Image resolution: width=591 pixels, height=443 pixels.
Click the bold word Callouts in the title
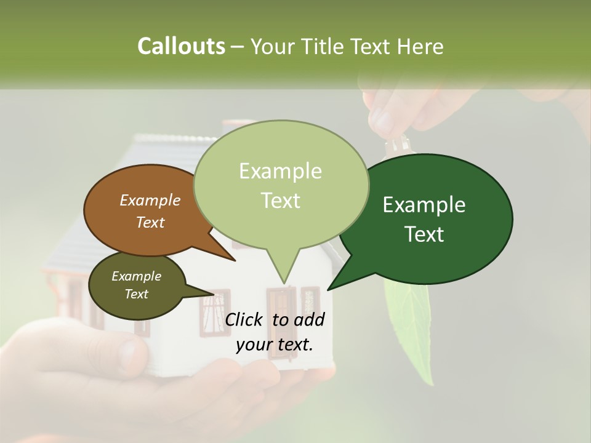(x=181, y=46)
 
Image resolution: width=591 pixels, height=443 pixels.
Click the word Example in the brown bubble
(x=150, y=200)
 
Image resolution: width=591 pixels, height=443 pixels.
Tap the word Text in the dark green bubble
(x=424, y=234)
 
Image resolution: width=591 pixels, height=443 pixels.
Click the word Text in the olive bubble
(x=136, y=294)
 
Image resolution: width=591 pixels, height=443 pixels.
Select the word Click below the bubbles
(x=244, y=319)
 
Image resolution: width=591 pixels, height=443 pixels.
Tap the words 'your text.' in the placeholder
(x=275, y=345)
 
